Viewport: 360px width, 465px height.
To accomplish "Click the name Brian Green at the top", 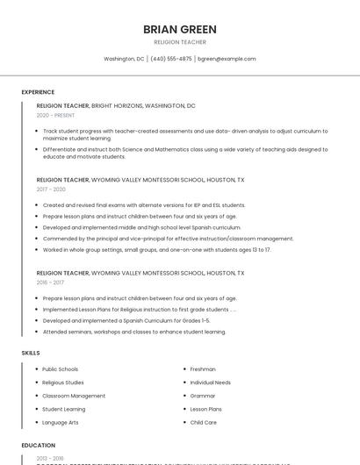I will tap(180, 29).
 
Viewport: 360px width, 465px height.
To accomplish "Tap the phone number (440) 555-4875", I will tap(171, 59).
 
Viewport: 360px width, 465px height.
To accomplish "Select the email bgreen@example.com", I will tap(227, 59).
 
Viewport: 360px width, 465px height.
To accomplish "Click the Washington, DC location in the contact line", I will tap(124, 59).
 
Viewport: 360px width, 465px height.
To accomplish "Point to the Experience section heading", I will tap(38, 92).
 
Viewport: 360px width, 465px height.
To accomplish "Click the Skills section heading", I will tap(31, 353).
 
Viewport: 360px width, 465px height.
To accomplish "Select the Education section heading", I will tap(39, 445).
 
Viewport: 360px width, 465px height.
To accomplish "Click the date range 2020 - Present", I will tap(55, 115).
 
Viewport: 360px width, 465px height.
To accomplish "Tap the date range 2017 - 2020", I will tap(51, 190).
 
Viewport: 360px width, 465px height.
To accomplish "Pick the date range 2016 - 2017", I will tap(51, 283).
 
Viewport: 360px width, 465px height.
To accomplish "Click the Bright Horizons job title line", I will tap(116, 105).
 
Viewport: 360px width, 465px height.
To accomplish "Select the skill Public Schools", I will tap(60, 369).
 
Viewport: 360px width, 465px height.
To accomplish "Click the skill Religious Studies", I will tap(63, 383).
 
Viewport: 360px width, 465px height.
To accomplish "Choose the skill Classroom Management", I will tap(74, 396).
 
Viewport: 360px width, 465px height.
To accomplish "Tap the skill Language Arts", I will tap(60, 422).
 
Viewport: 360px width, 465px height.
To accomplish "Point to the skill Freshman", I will tap(203, 369).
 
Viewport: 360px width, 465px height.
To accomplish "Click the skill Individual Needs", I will tap(211, 383).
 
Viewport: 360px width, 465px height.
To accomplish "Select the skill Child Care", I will tap(204, 422).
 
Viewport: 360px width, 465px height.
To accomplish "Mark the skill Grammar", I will tap(203, 396).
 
